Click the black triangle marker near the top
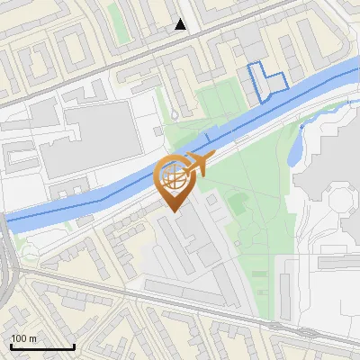181,24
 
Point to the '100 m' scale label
24,337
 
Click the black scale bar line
41,347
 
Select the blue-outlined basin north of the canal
266,80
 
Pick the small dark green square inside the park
236,203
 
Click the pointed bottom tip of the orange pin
173,211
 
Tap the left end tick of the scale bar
10,346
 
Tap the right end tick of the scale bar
74,346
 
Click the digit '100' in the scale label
19,337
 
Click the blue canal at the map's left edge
7,218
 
